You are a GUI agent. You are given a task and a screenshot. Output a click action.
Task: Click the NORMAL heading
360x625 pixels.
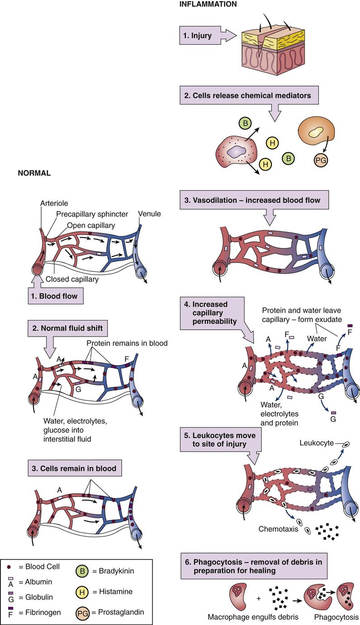[34, 173]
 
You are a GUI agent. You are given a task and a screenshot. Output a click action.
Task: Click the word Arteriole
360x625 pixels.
[54, 204]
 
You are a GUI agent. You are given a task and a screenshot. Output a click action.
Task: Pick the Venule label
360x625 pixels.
[150, 214]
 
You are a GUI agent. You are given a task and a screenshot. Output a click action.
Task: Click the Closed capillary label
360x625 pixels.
[72, 279]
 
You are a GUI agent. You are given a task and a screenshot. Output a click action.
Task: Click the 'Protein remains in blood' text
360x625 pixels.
[127, 344]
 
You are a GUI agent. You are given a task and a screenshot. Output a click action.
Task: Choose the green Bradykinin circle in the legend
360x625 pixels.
[82, 571]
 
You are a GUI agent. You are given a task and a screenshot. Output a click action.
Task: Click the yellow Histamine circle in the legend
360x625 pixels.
[82, 592]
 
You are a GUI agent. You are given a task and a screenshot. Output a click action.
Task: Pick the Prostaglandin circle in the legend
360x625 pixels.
[82, 612]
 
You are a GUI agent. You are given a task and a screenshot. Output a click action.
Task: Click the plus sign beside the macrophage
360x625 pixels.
[259, 598]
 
